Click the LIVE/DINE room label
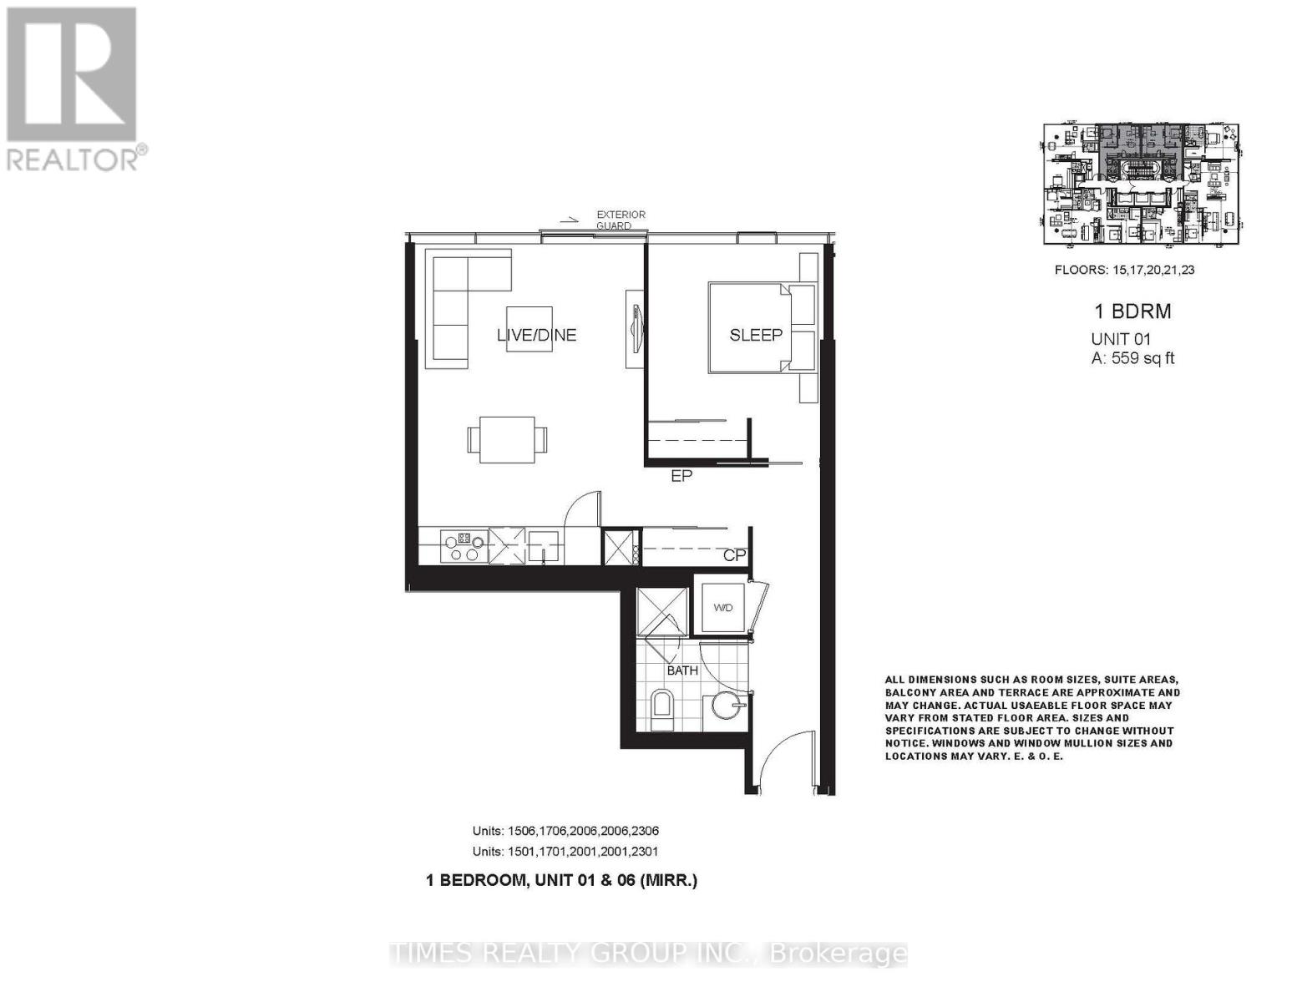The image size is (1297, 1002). [536, 335]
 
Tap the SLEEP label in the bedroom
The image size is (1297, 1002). [756, 335]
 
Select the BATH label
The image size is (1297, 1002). [682, 670]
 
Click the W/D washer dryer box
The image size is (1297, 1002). [722, 607]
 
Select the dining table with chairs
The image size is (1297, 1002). [508, 439]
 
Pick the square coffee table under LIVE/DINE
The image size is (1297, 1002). [529, 330]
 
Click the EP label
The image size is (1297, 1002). [681, 477]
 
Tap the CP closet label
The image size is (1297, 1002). [734, 555]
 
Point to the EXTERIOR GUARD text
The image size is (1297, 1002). [621, 220]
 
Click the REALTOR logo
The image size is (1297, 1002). [73, 88]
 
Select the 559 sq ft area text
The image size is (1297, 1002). [1132, 358]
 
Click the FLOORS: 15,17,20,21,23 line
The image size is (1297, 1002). [1124, 270]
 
